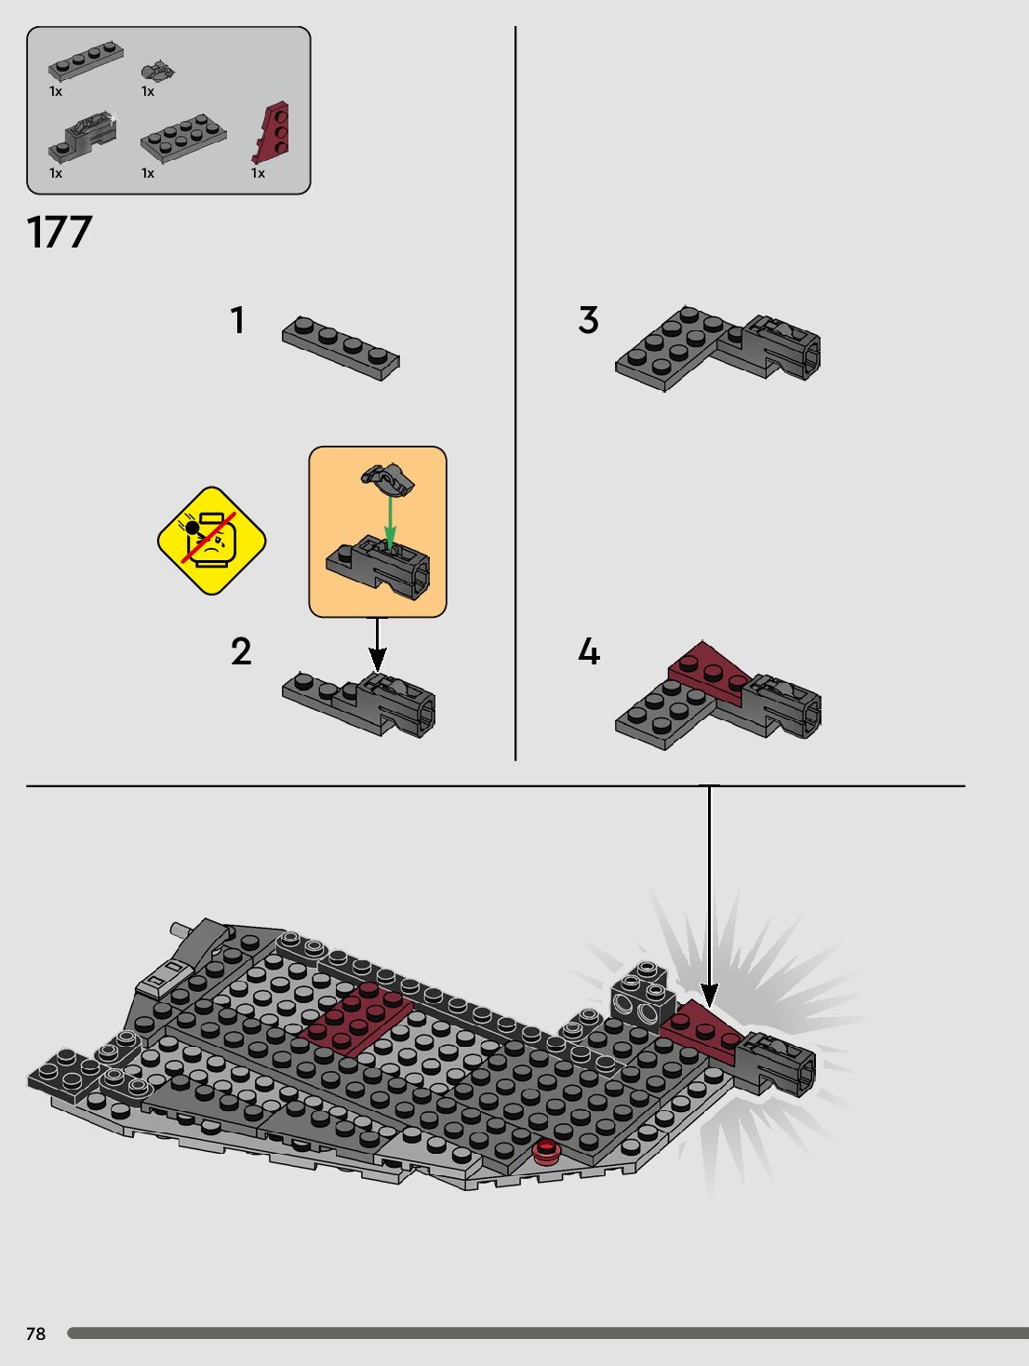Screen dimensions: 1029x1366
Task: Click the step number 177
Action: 60,232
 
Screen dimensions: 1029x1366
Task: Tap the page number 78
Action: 36,1333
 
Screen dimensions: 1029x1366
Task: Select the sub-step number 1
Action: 237,320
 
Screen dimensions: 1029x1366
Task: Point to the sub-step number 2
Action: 241,651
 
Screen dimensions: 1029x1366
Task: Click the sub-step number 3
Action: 589,320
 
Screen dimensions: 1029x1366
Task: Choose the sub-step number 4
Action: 589,651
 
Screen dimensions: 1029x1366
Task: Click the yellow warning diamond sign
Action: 211,541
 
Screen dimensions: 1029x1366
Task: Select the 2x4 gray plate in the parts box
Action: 183,138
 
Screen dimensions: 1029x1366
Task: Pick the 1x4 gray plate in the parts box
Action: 86,60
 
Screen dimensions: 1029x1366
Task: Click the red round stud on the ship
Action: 545,1151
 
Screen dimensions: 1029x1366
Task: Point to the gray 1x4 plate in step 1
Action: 341,348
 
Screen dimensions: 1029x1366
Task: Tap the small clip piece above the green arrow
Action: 388,479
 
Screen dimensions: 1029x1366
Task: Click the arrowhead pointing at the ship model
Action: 709,995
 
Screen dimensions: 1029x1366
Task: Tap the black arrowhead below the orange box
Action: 377,660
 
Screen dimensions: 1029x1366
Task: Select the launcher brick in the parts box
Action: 83,137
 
